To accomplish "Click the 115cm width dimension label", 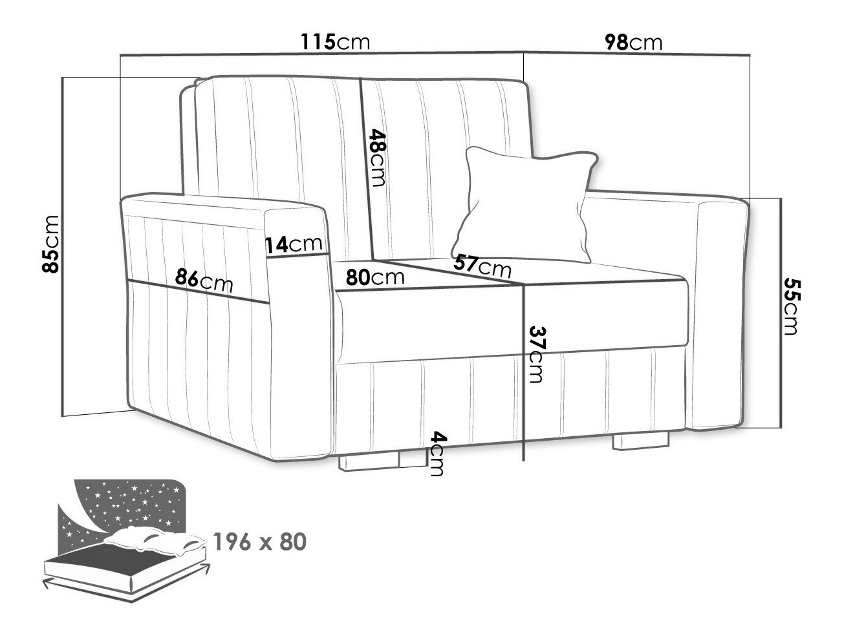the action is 335,41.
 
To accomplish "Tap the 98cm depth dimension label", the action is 633,42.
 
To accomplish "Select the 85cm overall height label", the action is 50,244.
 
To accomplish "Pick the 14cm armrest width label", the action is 294,244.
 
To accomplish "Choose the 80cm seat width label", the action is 375,277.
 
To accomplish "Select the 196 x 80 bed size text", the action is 260,542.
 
